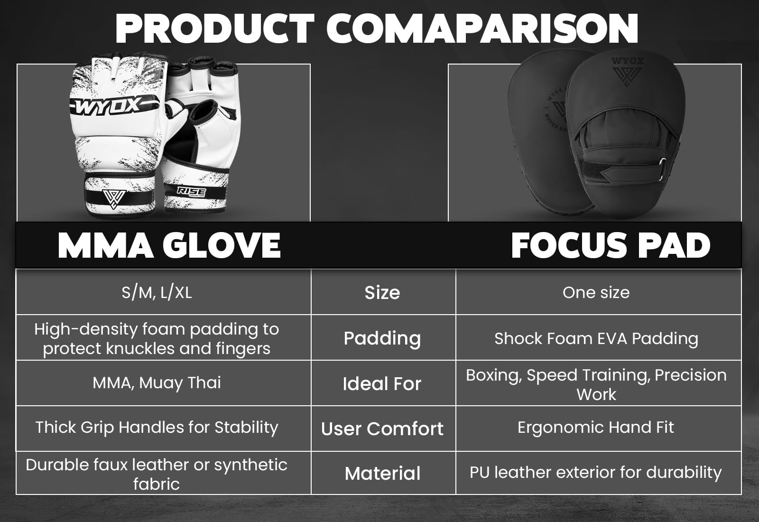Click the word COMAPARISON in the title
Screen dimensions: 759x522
click(x=482, y=28)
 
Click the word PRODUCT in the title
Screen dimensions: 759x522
click(x=215, y=28)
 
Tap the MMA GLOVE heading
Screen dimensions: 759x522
click(x=169, y=245)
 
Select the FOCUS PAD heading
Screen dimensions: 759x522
click(x=611, y=245)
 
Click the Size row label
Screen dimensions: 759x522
click(x=382, y=292)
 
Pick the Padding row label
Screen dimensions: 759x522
click(x=382, y=339)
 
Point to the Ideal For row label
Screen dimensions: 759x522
click(x=382, y=384)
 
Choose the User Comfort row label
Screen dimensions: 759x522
click(x=382, y=429)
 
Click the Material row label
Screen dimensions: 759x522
click(x=382, y=474)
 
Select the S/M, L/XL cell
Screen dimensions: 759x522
click(x=157, y=292)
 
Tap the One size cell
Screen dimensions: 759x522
click(x=596, y=292)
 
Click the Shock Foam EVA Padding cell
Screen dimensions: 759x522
click(x=596, y=339)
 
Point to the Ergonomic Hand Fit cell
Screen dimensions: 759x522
click(x=596, y=428)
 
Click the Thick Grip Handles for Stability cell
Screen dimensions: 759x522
click(x=157, y=428)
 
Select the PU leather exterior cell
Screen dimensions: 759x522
click(x=596, y=473)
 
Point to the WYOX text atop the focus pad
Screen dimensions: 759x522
click(x=627, y=61)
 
